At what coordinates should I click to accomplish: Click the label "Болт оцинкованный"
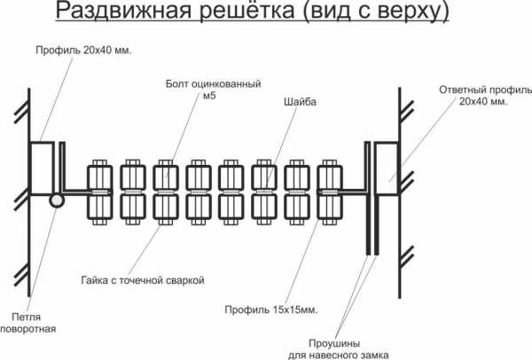point(213,84)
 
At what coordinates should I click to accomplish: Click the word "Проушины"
point(337,340)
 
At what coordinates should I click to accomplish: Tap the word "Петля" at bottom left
point(27,316)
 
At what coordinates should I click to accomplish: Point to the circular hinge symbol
point(57,200)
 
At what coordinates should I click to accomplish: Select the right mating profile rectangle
point(387,168)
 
